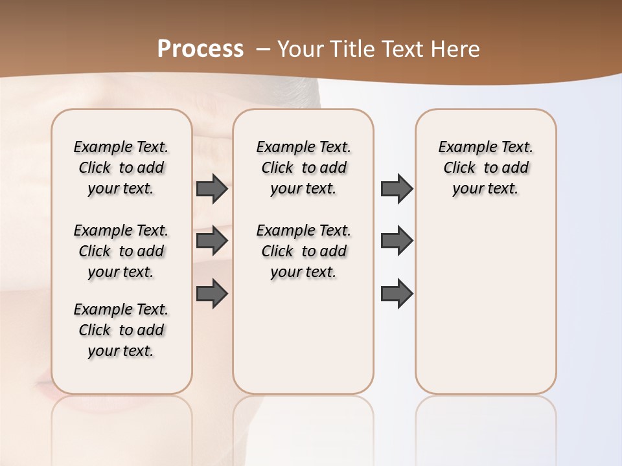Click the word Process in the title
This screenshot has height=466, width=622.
[x=200, y=49]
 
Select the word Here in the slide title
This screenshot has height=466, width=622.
[x=456, y=49]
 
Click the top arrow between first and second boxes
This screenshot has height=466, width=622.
[x=212, y=189]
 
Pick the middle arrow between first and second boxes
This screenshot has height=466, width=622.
[x=212, y=241]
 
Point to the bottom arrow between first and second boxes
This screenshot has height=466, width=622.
[x=212, y=293]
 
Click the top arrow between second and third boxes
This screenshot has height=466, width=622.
[x=397, y=189]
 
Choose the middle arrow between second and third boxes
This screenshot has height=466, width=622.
[x=397, y=241]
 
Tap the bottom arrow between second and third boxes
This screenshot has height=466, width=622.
[x=397, y=293]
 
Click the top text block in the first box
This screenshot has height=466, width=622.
[x=121, y=168]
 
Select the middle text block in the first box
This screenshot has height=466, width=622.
[x=121, y=251]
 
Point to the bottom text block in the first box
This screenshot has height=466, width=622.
[x=121, y=330]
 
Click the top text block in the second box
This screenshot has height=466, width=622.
[x=304, y=168]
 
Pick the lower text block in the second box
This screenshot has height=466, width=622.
[x=304, y=251]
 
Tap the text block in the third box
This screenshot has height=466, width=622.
[x=486, y=168]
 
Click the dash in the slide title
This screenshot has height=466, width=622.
[x=263, y=49]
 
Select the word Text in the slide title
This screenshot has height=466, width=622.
[x=402, y=49]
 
